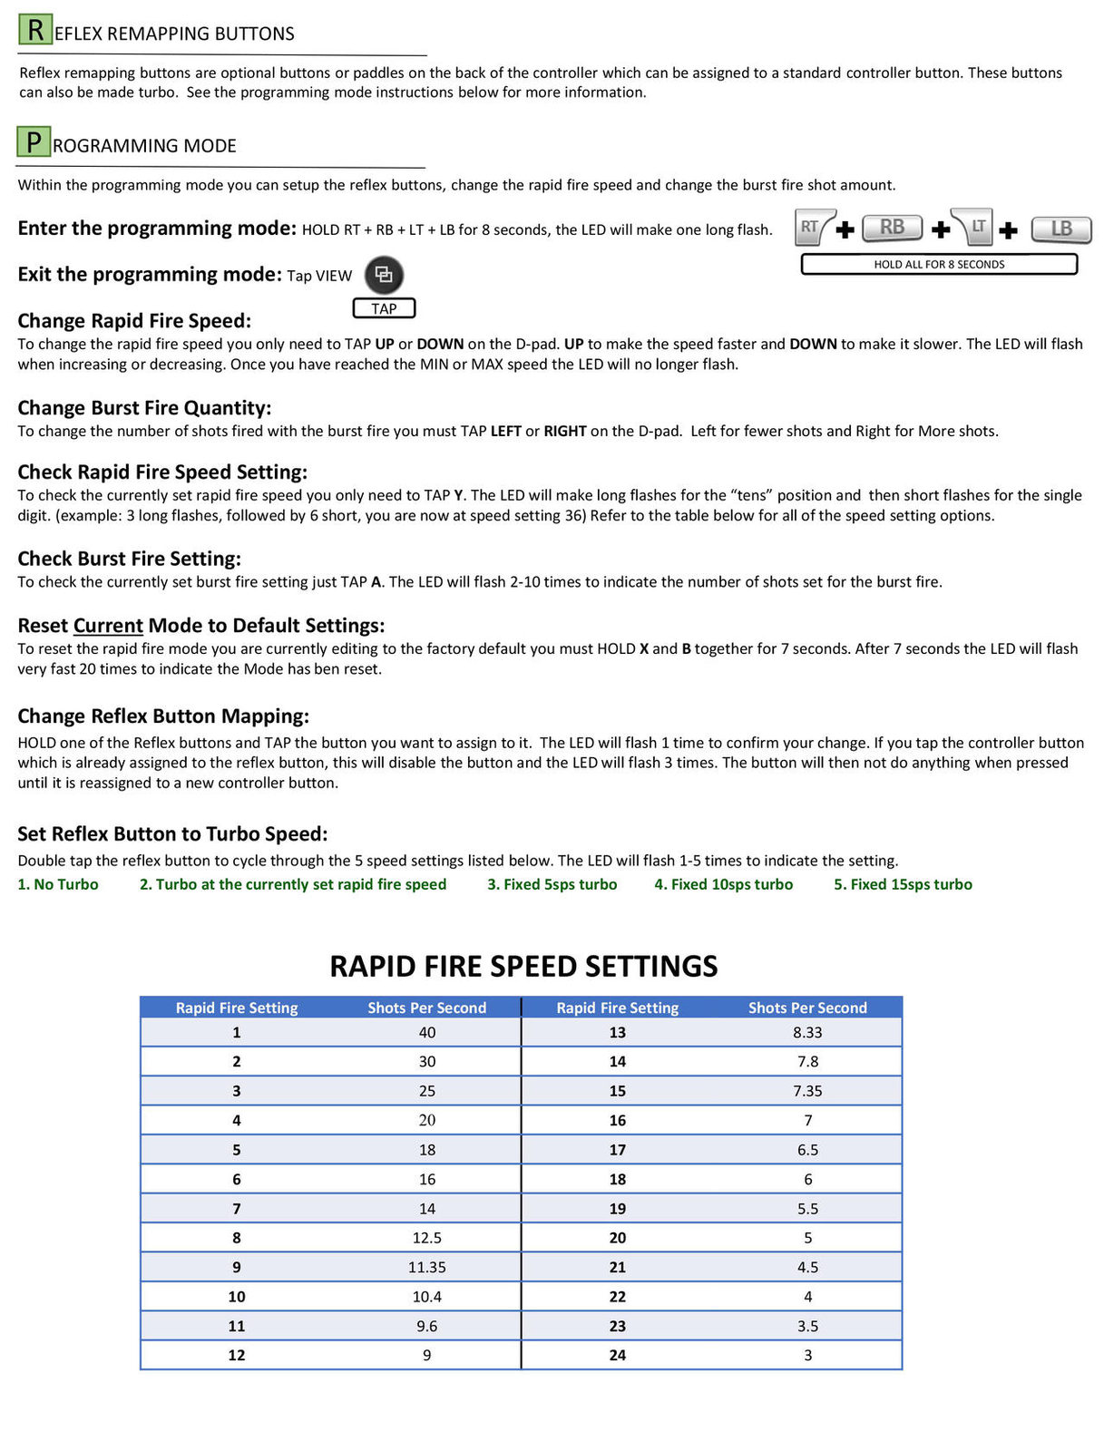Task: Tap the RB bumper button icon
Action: (x=892, y=228)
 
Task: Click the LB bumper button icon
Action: (x=1060, y=229)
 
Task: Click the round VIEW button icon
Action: (x=384, y=275)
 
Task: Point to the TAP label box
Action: (x=384, y=308)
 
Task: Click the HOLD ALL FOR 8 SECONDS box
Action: (x=939, y=264)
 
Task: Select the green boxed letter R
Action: (x=34, y=30)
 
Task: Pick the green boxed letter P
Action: (x=34, y=142)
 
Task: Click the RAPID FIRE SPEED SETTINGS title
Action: (x=523, y=966)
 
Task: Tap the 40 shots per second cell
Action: (x=427, y=1032)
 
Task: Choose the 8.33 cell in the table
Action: (x=807, y=1032)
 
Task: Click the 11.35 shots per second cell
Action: (x=427, y=1267)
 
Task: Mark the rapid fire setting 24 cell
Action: (x=618, y=1355)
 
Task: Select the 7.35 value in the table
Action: (x=807, y=1091)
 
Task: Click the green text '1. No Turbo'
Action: (x=58, y=884)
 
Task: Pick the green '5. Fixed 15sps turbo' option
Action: (x=903, y=884)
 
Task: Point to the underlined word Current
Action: (x=108, y=626)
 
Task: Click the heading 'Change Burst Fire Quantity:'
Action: (x=144, y=408)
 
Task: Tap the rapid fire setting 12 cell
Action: (x=237, y=1355)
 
